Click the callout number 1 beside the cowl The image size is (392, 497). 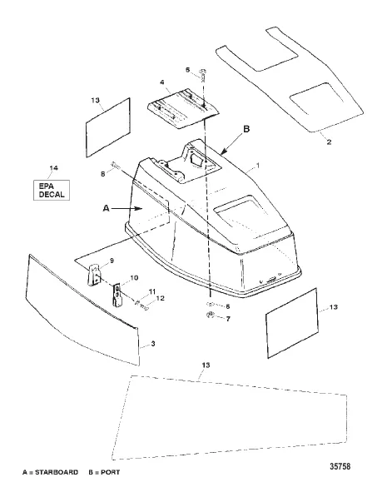[258, 166]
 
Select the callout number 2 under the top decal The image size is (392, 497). [329, 142]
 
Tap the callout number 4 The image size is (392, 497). [162, 82]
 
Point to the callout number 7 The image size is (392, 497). [228, 319]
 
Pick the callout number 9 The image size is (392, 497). [112, 261]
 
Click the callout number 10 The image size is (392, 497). [134, 278]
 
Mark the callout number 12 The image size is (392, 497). [161, 298]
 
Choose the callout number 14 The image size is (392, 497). [54, 167]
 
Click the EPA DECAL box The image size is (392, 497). [52, 190]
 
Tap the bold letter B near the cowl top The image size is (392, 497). [246, 129]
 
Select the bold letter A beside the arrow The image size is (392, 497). [107, 208]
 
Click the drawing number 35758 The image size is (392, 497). [340, 466]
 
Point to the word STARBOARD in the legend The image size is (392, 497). [57, 472]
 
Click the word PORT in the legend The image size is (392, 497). [111, 472]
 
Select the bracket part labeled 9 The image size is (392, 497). [94, 275]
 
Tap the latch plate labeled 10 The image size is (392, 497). [117, 295]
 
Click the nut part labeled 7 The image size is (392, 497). [210, 315]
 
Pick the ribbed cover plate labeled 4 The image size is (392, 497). [183, 107]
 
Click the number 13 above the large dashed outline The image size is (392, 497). [206, 365]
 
